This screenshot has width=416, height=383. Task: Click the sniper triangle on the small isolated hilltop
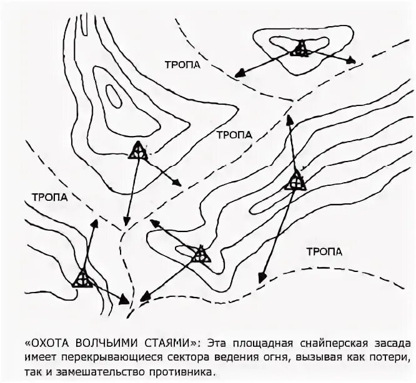tap(301, 49)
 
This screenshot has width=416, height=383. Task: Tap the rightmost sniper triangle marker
tap(295, 182)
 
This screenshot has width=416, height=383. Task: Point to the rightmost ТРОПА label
tap(325, 251)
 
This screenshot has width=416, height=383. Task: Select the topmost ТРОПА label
tap(182, 65)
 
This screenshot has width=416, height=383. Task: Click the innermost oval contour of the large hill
tap(114, 95)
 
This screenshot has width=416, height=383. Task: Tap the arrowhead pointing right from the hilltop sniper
tap(352, 61)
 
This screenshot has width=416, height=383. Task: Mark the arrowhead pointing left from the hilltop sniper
tap(239, 74)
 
